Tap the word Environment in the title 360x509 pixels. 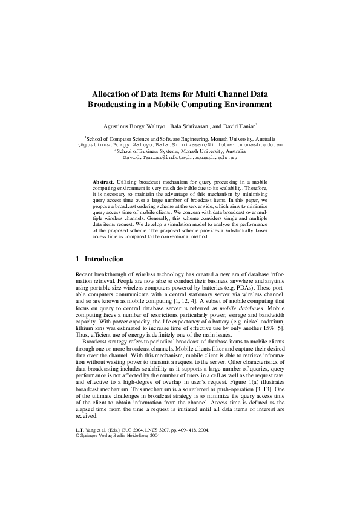click(242, 105)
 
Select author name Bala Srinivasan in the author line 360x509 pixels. click(189, 127)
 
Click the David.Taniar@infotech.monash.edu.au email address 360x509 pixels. click(180, 157)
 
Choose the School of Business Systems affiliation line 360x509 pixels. click(180, 151)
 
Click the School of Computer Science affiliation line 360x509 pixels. click(180, 139)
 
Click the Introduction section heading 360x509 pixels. click(104, 259)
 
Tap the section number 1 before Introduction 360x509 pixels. click(77, 259)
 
